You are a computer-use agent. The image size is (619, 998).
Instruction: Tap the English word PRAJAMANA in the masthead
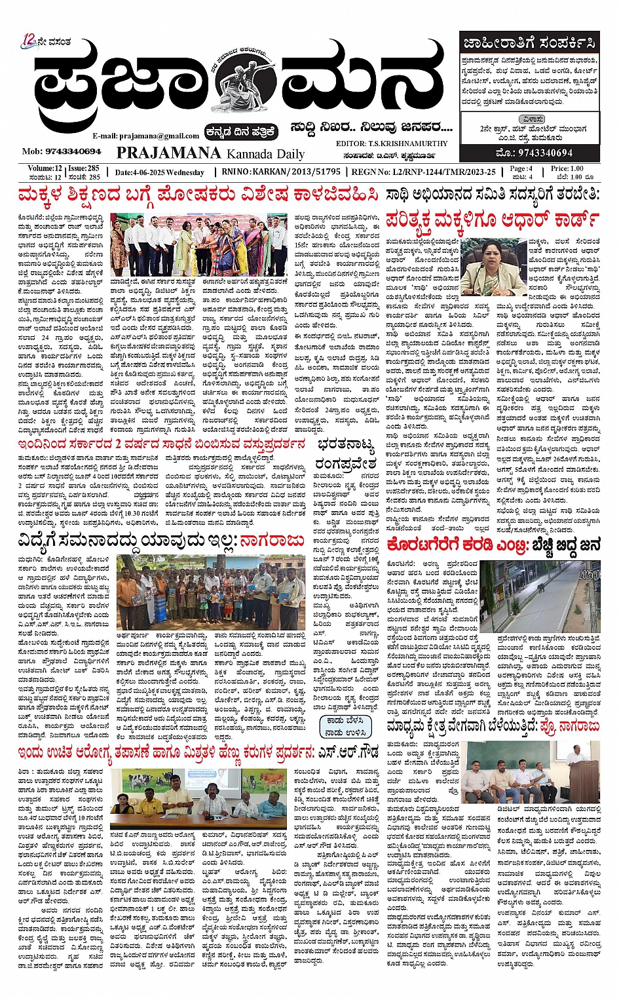(x=168, y=153)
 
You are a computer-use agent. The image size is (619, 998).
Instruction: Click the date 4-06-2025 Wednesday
(x=159, y=173)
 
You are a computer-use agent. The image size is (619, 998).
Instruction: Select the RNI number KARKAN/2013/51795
(x=299, y=172)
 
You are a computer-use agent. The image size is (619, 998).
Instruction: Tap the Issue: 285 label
(x=84, y=168)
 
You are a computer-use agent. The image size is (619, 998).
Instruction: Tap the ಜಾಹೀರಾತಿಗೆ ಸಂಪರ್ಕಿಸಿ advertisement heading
(x=529, y=45)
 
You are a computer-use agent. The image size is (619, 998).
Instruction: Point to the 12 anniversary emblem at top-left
(x=29, y=41)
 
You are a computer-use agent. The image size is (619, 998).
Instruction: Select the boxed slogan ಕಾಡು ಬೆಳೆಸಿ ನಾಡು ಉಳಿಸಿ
(x=344, y=727)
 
